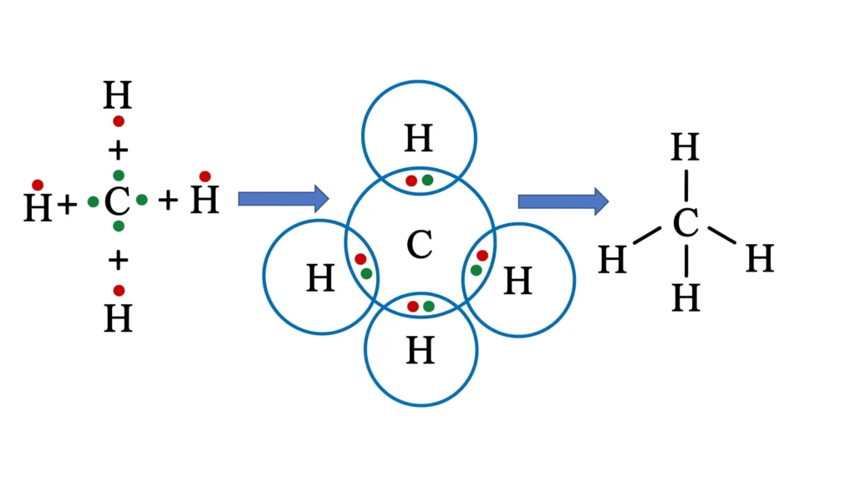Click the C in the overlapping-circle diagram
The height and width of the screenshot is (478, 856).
click(420, 244)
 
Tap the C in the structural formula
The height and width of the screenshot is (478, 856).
click(685, 222)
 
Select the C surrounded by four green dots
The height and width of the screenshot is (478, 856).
click(117, 201)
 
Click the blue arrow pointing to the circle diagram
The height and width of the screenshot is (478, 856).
click(283, 199)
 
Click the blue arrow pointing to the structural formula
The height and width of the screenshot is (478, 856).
click(563, 201)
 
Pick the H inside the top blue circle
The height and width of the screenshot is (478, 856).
click(419, 138)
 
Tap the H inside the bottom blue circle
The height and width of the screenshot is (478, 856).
click(420, 351)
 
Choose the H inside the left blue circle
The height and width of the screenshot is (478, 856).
click(320, 277)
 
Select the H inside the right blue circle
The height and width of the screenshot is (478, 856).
click(517, 281)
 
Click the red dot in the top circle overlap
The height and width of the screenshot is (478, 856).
click(411, 181)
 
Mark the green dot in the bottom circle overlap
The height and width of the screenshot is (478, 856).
click(429, 307)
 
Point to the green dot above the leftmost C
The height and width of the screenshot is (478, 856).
click(119, 175)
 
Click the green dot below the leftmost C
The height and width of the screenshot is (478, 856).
click(119, 226)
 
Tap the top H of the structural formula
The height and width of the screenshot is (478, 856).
click(685, 147)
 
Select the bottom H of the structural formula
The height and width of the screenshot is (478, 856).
click(685, 298)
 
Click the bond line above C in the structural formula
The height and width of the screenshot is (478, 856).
click(685, 186)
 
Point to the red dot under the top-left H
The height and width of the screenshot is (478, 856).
click(119, 121)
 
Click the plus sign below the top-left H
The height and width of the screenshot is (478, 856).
click(118, 150)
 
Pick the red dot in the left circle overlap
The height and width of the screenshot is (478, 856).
click(360, 259)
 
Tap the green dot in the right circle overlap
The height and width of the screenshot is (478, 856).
click(476, 270)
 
